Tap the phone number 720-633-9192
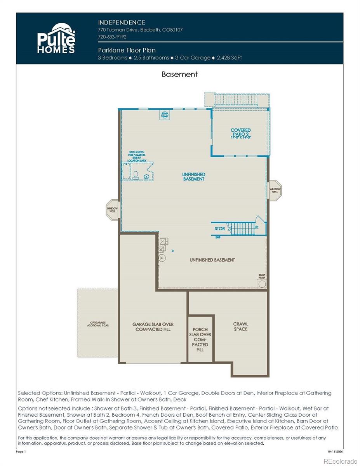coord(112,37)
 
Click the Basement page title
coord(179,74)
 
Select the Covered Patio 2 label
coord(240,133)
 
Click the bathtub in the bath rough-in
coord(126,172)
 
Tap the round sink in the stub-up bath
coord(146,177)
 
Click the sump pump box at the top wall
coord(165,115)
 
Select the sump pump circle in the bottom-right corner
coord(262,284)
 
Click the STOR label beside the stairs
coord(220,229)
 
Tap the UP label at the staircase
coord(256,227)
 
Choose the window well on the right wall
coord(275,190)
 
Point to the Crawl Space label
coord(240,327)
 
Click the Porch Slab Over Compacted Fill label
coord(200,339)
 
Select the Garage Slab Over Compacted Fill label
coord(153,327)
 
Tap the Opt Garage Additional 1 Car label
coord(97,324)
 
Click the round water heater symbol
coord(163,258)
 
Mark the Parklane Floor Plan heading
coord(127,50)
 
